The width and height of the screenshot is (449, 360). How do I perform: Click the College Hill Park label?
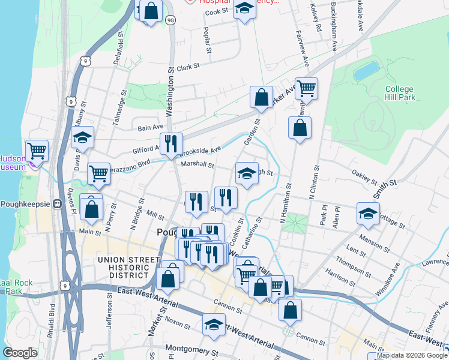400,93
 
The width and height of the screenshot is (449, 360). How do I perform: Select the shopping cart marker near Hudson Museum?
37,151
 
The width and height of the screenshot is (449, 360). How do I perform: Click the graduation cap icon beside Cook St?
244,8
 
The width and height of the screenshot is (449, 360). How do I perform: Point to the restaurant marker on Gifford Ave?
172,143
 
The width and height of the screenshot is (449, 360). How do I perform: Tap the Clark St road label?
188,67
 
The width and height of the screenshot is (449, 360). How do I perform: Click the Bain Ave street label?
151,127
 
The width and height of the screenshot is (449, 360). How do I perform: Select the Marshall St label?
197,164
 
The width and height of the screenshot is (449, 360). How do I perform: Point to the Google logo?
20,353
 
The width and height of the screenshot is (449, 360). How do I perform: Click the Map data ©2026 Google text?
407,356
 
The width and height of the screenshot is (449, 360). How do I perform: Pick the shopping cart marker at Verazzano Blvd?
98,173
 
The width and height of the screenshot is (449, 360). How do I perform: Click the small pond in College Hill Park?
366,71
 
